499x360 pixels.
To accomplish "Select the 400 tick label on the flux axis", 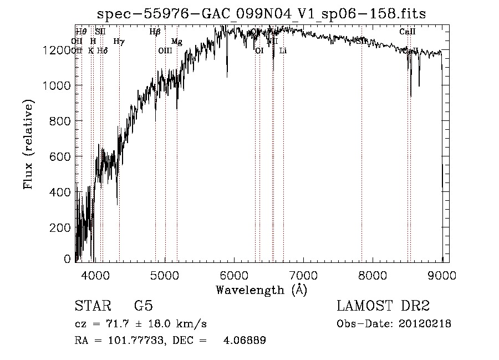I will [60, 192].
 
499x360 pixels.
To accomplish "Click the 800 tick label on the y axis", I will [60, 121].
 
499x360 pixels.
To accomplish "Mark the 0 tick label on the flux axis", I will [67, 259].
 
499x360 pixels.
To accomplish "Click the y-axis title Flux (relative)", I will [28, 144].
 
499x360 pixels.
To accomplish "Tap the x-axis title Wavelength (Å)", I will [261, 290].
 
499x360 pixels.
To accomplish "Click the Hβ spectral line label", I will [155, 32].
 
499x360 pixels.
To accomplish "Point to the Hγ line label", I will [119, 41].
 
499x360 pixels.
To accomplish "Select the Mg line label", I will [177, 42].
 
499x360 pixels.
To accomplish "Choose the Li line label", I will [283, 50].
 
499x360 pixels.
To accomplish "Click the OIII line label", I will [165, 50].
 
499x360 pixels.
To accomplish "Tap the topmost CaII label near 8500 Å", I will [408, 32].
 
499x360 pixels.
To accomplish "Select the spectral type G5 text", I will [143, 307].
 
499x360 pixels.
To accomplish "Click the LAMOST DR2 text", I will [383, 307].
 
